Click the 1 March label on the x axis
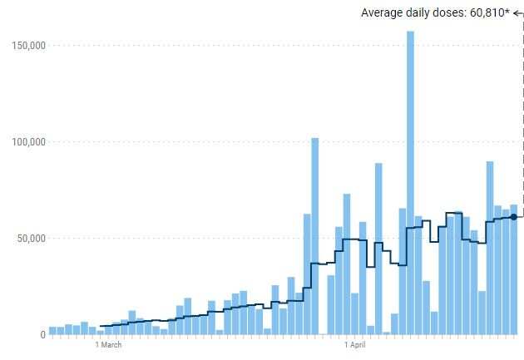click(108, 344)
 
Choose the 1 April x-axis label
click(355, 344)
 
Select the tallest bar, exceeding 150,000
click(410, 183)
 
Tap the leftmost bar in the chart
click(52, 330)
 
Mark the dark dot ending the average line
click(513, 217)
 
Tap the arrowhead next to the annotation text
click(516, 12)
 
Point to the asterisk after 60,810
click(507, 11)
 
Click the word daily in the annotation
click(418, 12)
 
